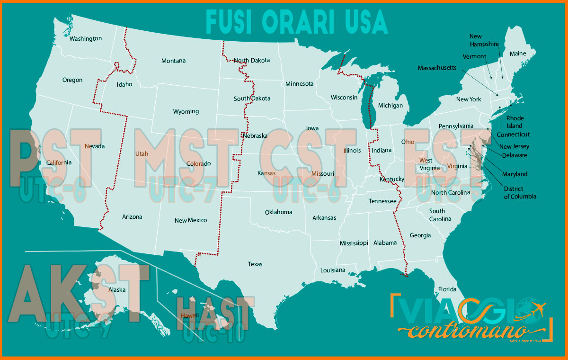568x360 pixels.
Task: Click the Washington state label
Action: coord(86,38)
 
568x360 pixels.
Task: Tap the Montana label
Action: coord(173,61)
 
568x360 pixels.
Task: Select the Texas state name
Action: coord(255,264)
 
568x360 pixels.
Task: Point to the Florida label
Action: coord(447,289)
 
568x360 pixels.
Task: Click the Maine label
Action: coord(517,54)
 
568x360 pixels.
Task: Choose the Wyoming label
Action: coord(186,112)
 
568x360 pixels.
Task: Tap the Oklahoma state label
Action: coord(278,212)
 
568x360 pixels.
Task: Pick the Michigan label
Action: coord(390,106)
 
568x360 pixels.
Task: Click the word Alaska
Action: coord(117,289)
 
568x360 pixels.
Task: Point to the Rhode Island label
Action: coord(515,122)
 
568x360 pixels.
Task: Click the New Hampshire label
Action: coord(484,40)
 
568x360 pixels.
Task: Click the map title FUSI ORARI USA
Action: coord(297,22)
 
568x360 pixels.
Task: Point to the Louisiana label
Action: coord(333,270)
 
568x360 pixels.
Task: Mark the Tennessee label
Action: coord(382,201)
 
